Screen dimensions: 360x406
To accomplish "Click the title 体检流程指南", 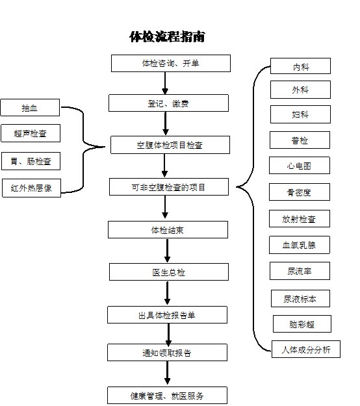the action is [x=167, y=36].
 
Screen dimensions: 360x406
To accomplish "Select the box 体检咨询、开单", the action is [x=171, y=63].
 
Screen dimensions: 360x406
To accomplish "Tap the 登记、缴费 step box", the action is [x=168, y=103].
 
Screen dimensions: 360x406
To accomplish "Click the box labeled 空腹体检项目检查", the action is [x=170, y=145].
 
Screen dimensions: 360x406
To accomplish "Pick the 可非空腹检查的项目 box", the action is [x=169, y=186].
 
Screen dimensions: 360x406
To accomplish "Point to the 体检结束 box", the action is [x=168, y=230].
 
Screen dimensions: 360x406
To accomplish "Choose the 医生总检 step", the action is [x=169, y=272].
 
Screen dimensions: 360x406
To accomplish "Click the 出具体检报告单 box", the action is [x=167, y=315].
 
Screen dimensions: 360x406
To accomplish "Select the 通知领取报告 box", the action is [x=167, y=352].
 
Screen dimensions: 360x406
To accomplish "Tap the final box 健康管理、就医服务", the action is [x=167, y=396].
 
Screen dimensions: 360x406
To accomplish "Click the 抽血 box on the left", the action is [x=30, y=107].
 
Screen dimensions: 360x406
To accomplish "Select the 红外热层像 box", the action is [x=31, y=188].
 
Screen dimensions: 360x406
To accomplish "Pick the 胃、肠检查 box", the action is [x=31, y=161].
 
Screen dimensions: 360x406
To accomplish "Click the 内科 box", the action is [x=300, y=66].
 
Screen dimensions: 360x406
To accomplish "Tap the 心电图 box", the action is [x=300, y=165].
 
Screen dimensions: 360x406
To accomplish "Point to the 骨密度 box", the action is [x=300, y=192].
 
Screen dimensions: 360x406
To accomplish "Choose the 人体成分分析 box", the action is [x=306, y=349].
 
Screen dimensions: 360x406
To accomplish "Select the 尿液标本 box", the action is [x=300, y=299].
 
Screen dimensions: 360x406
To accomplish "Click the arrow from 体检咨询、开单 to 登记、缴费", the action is [x=165, y=83].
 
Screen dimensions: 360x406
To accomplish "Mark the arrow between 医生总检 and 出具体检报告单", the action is [x=167, y=294].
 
